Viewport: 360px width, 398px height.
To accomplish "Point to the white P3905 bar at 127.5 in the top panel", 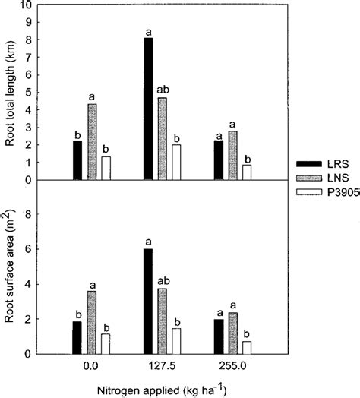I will coord(175,162).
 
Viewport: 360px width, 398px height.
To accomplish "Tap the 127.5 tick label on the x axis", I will coord(162,365).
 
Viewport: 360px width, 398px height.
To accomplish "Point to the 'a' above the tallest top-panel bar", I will coord(148,32).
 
